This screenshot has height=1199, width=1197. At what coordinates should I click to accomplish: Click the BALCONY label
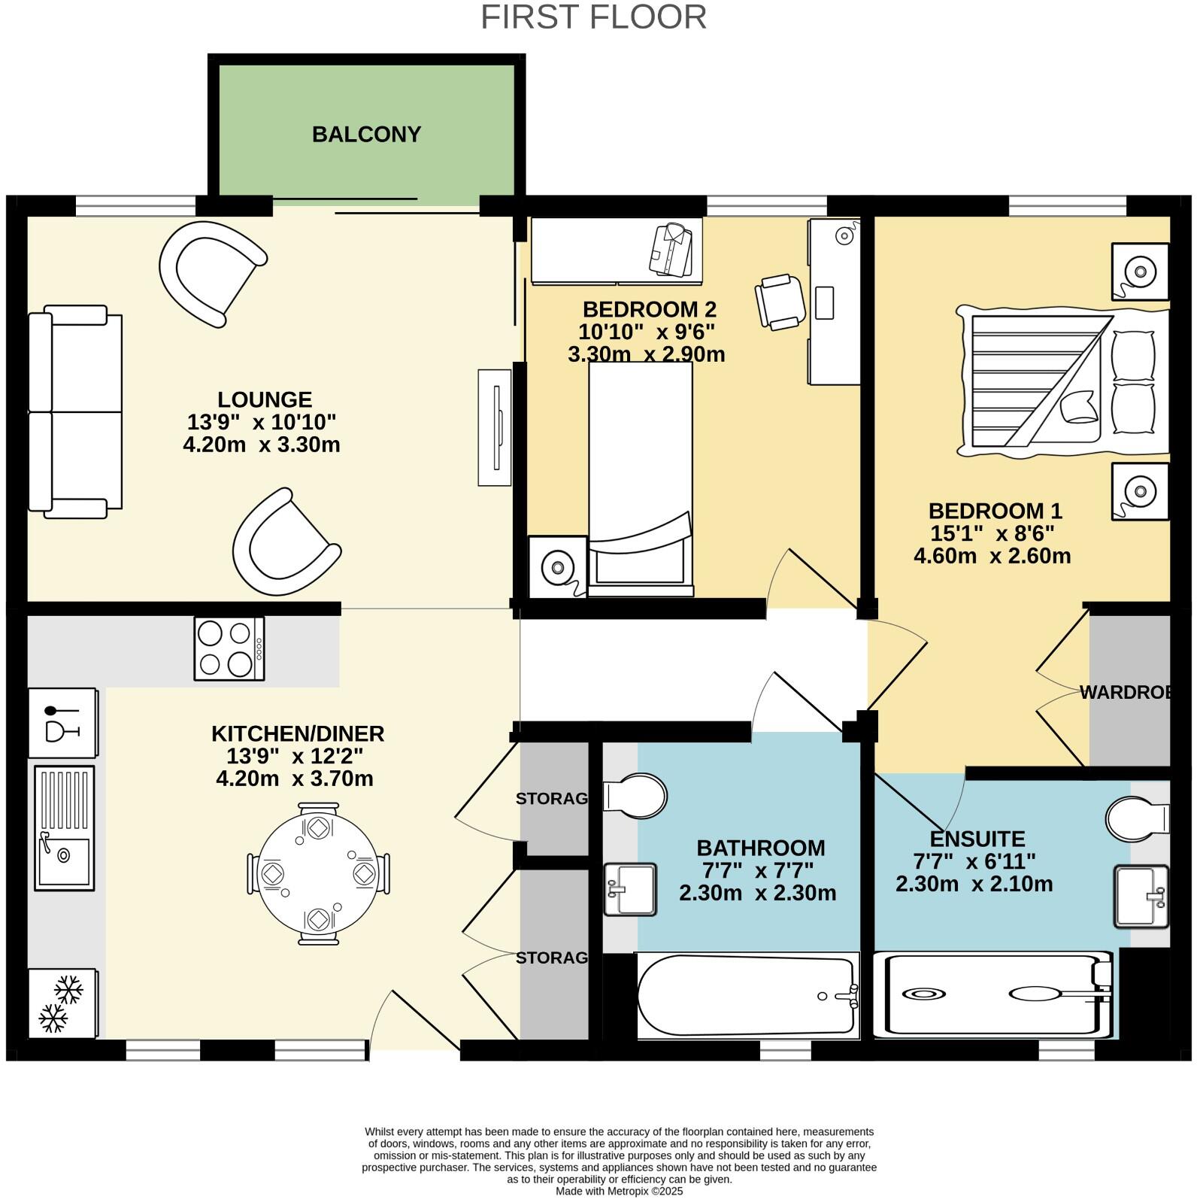(366, 135)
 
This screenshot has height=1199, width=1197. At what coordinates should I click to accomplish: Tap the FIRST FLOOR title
(593, 17)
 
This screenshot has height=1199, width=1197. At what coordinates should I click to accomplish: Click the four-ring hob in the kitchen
(229, 648)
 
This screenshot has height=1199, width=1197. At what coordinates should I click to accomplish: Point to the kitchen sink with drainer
(64, 827)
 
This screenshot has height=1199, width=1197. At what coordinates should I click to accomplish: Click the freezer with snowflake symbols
(62, 1003)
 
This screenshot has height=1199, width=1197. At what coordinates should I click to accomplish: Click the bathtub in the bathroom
(748, 996)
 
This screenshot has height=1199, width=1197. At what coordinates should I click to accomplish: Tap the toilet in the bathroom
(636, 795)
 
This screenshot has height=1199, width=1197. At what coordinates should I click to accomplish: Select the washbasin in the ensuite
(1141, 896)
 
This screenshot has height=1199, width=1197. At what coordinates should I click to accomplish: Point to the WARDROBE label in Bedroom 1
(1125, 693)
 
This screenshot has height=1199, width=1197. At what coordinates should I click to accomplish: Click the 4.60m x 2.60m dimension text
(992, 556)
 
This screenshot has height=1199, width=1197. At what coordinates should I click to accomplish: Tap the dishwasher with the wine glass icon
(62, 722)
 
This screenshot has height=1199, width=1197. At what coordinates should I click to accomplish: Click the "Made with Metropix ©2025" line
(619, 1191)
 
